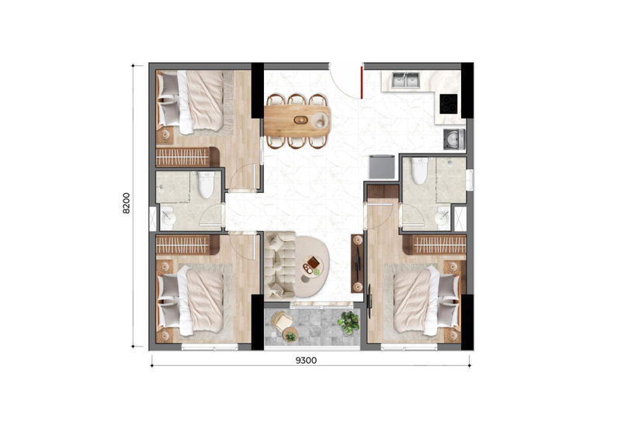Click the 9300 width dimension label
(x=306, y=360)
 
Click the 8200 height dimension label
(x=127, y=203)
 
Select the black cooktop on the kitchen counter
(x=449, y=104)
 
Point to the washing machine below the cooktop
(x=454, y=140)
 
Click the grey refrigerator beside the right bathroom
(x=382, y=167)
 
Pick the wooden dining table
(x=297, y=121)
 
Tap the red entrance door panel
(x=362, y=82)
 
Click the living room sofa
(x=280, y=264)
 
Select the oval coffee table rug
(x=310, y=266)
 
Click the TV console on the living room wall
(x=357, y=263)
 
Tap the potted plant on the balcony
(x=348, y=322)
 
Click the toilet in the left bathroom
(x=206, y=185)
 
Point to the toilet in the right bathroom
(x=419, y=171)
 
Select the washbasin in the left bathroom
(x=168, y=219)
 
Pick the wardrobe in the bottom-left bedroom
(x=187, y=245)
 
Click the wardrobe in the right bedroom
(x=435, y=245)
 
